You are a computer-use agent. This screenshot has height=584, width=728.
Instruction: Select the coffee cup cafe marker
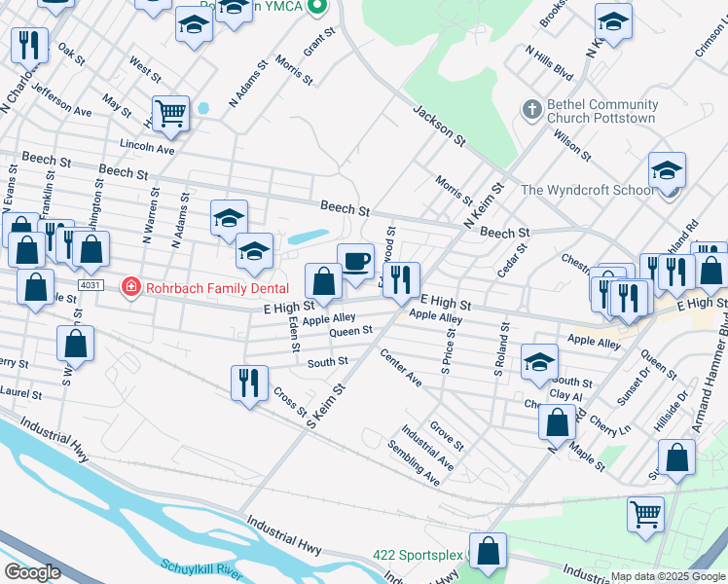click(x=355, y=261)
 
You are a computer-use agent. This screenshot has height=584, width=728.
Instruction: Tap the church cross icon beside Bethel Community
click(x=531, y=110)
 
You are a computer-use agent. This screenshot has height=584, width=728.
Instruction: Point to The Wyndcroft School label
click(x=588, y=190)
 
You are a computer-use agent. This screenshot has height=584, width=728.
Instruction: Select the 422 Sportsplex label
click(x=418, y=555)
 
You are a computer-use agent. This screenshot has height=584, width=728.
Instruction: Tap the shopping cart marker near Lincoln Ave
click(x=170, y=113)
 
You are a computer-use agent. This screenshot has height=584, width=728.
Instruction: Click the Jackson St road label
click(x=435, y=125)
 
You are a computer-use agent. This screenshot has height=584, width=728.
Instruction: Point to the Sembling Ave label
click(x=419, y=463)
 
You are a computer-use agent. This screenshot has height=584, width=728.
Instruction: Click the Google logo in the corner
click(x=31, y=572)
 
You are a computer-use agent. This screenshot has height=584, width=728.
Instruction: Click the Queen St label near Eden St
click(x=350, y=332)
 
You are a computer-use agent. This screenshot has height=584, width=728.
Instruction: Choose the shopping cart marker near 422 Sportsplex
click(x=645, y=513)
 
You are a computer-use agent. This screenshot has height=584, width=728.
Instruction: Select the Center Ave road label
click(x=400, y=368)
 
